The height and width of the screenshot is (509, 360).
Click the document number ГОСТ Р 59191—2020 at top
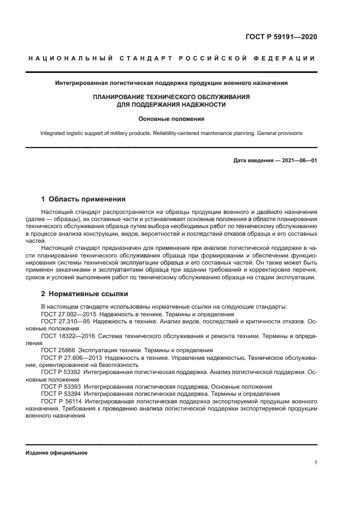[281, 37]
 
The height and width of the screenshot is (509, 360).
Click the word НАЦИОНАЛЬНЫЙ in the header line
[67, 58]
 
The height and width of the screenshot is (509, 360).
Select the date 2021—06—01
[298, 161]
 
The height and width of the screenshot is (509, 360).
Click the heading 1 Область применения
[83, 199]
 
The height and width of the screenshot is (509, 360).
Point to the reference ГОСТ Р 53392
[61, 372]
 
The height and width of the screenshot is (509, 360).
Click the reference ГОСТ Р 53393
[61, 387]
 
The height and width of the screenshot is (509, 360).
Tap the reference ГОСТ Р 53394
[61, 394]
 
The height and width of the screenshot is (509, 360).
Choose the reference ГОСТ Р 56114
[61, 401]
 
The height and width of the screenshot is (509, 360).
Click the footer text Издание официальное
[57, 453]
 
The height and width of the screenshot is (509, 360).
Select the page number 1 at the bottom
[315, 463]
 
